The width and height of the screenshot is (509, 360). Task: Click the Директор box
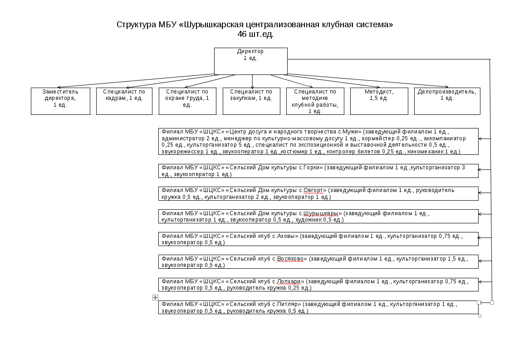point(250,61)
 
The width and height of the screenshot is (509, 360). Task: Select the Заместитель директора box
point(60,101)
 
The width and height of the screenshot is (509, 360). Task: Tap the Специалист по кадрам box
point(124,101)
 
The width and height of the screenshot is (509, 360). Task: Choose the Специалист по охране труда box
point(187,101)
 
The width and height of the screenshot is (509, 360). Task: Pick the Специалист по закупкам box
point(251,101)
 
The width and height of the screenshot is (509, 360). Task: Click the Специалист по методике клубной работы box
point(315,101)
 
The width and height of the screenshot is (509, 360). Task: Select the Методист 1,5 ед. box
point(379,101)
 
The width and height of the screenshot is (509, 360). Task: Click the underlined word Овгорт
point(313,190)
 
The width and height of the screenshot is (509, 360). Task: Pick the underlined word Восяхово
point(292,259)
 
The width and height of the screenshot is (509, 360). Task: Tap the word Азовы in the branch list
point(287,236)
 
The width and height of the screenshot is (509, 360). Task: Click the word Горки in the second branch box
point(313,168)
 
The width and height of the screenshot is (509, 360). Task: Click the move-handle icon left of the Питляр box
point(155,297)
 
